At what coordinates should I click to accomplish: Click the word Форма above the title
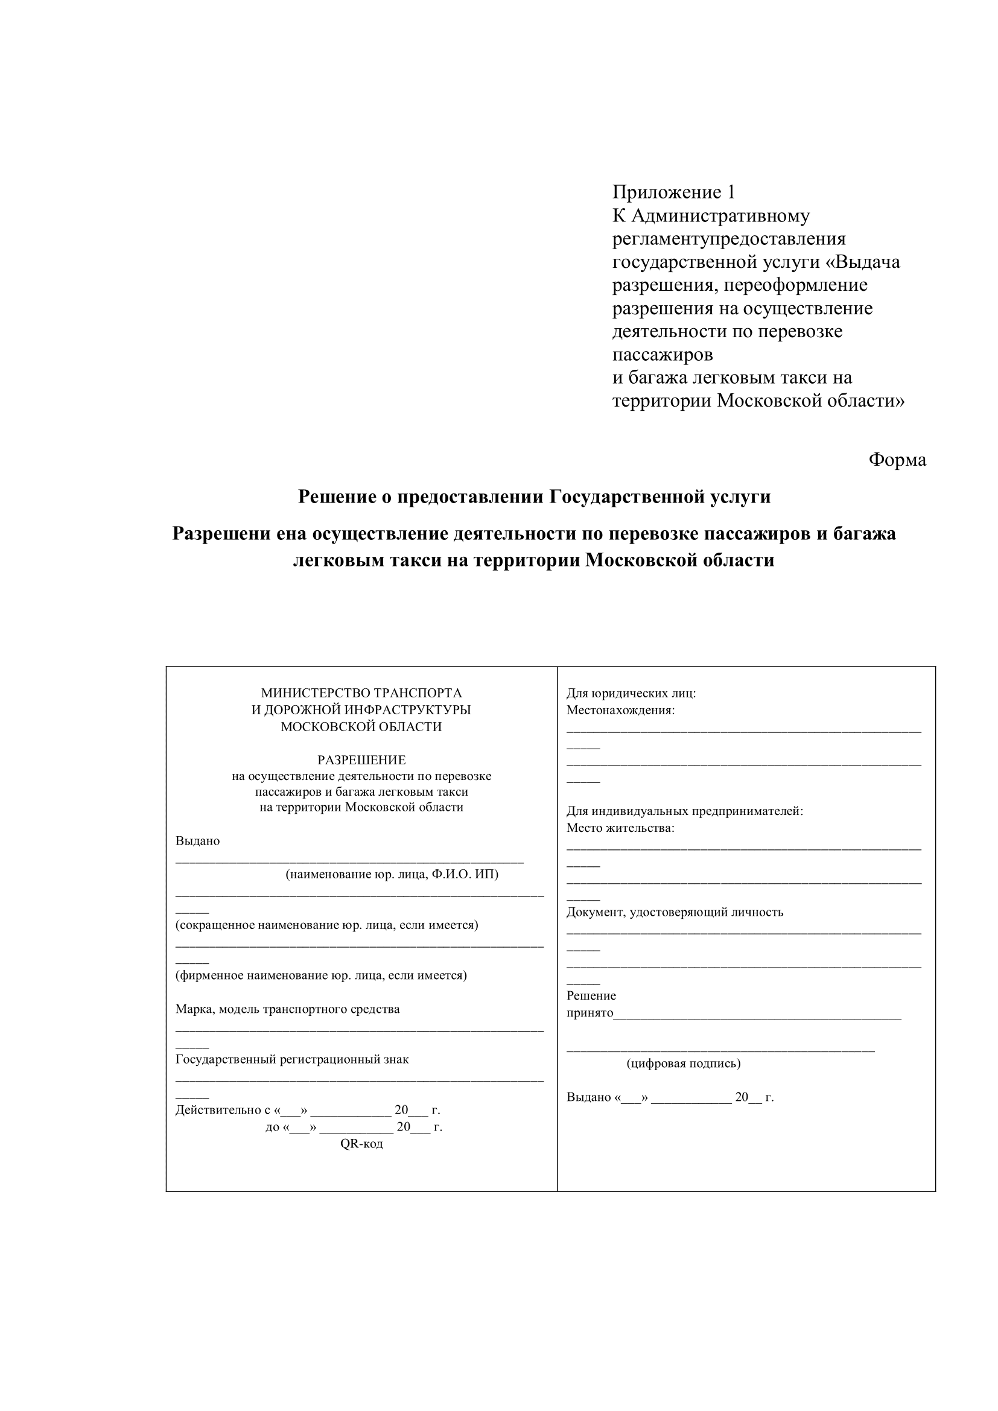pyautogui.click(x=897, y=460)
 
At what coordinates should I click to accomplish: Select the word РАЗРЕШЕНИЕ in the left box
pyautogui.click(x=361, y=759)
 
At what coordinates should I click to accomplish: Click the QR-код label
pyautogui.click(x=361, y=1144)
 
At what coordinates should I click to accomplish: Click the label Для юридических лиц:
pyautogui.click(x=631, y=693)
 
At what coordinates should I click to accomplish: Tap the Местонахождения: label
pyautogui.click(x=620, y=710)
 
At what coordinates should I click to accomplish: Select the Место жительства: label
pyautogui.click(x=620, y=828)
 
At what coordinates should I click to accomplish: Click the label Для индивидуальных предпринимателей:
pyautogui.click(x=685, y=811)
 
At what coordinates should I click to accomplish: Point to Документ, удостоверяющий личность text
pyautogui.click(x=675, y=912)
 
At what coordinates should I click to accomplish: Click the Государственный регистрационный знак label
pyautogui.click(x=292, y=1059)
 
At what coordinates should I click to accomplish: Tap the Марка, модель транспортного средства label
pyautogui.click(x=288, y=1009)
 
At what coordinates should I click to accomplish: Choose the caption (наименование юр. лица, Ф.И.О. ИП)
pyautogui.click(x=392, y=875)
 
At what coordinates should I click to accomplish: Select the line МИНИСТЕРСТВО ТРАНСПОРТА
pyautogui.click(x=361, y=693)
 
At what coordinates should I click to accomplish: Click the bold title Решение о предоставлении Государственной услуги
pyautogui.click(x=534, y=496)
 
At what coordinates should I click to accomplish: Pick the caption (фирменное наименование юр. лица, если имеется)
pyautogui.click(x=321, y=975)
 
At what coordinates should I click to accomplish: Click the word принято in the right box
pyautogui.click(x=590, y=1013)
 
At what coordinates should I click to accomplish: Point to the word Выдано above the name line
pyautogui.click(x=197, y=841)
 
